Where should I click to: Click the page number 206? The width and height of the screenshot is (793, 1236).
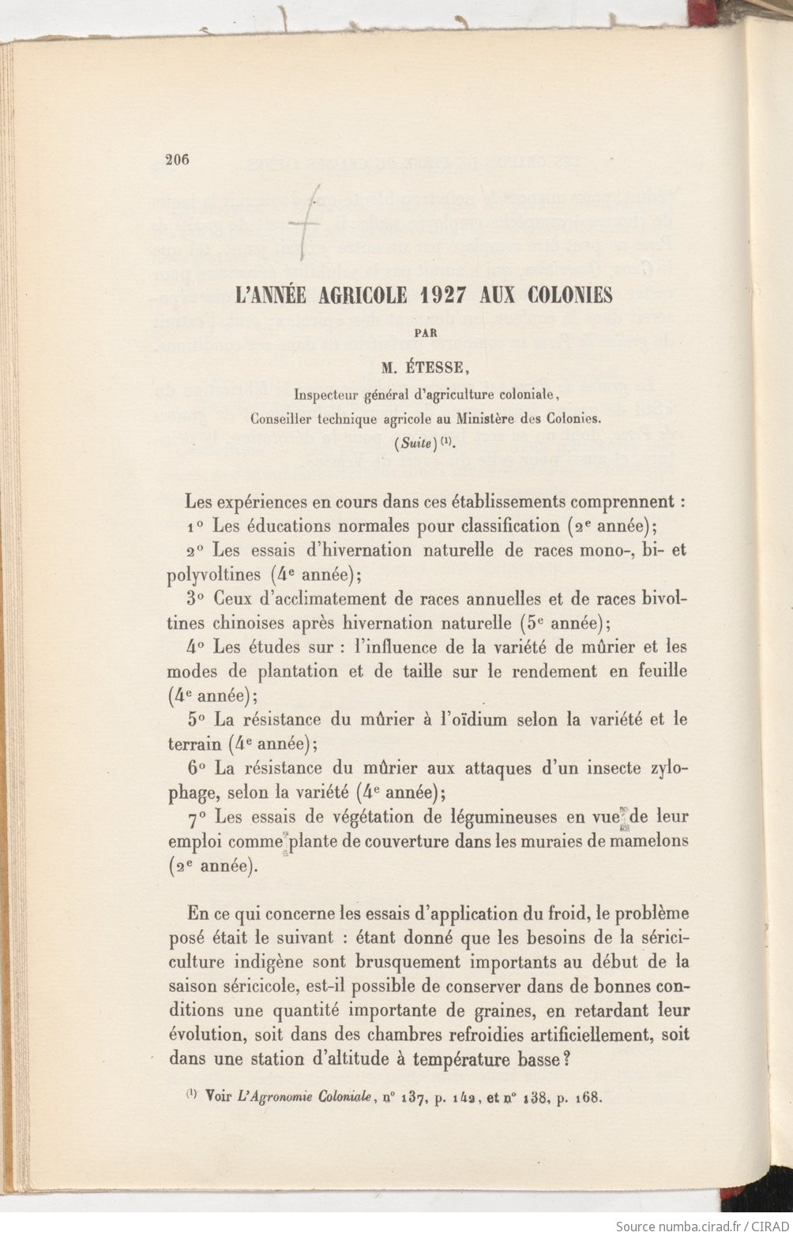pos(178,158)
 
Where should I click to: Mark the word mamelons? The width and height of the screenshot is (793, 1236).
pos(647,841)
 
